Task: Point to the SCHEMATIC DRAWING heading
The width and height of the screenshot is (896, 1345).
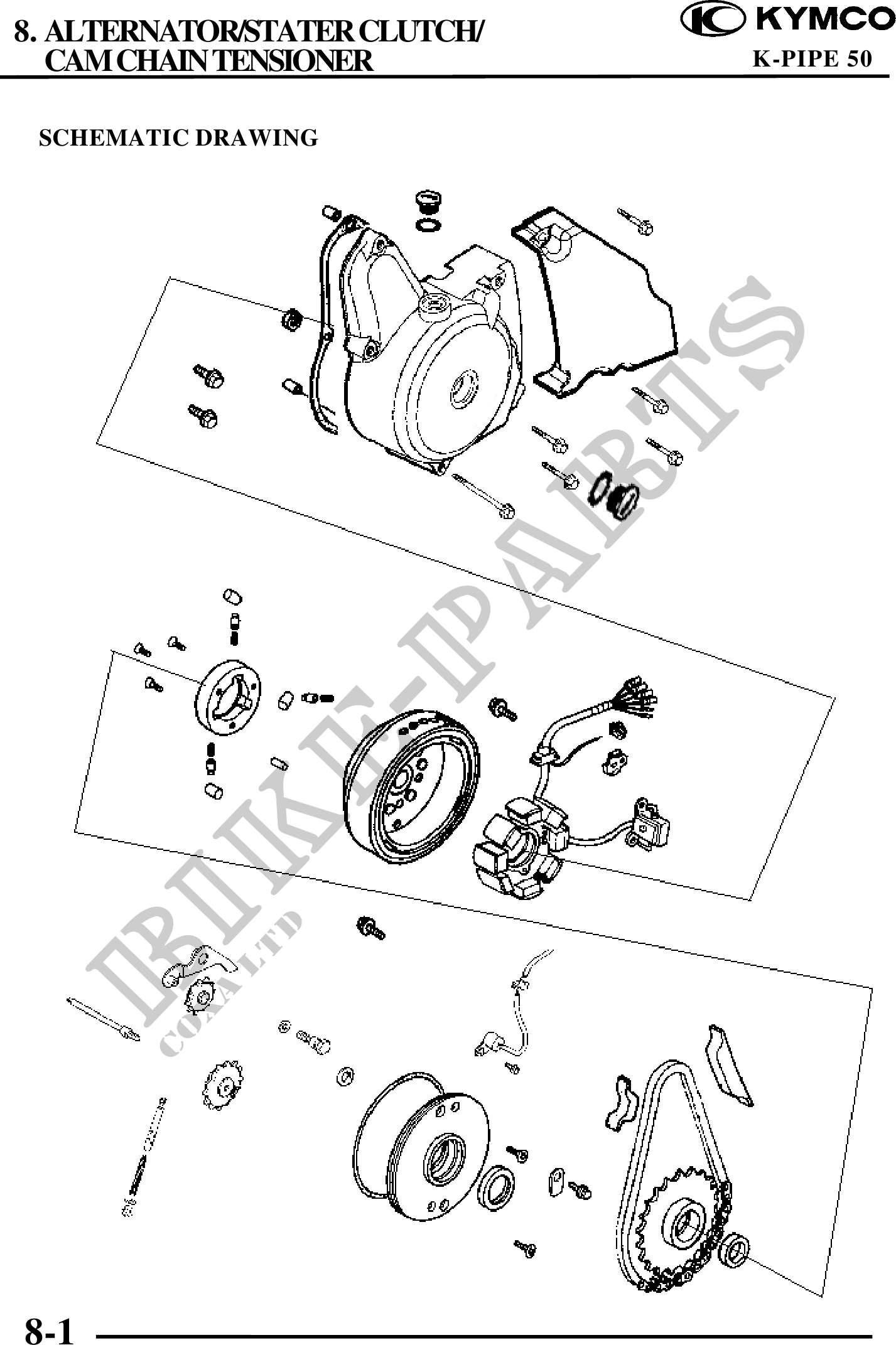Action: click(x=179, y=137)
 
